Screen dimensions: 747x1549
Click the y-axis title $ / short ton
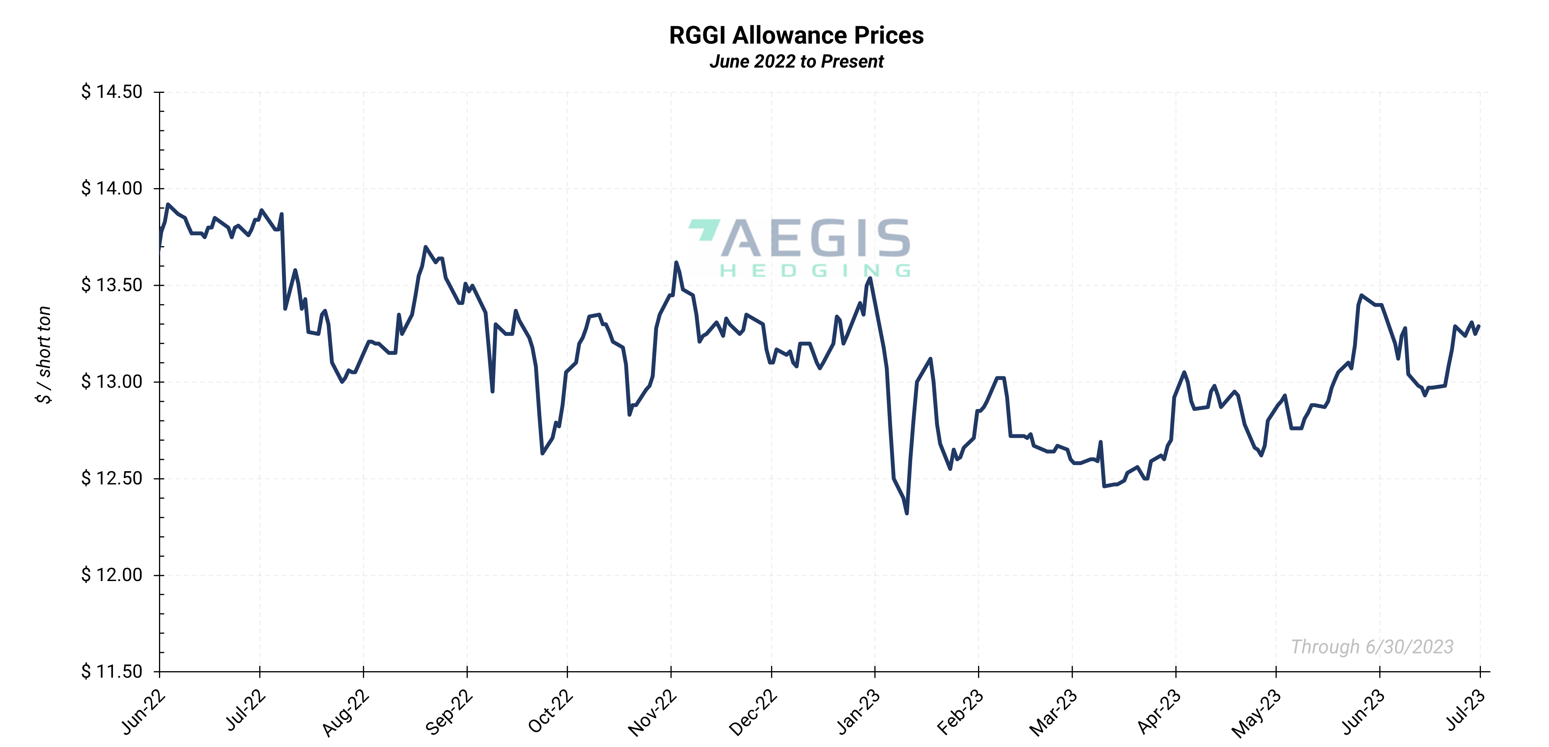click(44, 355)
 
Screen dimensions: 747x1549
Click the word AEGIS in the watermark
click(816, 238)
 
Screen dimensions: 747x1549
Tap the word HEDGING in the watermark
click(816, 271)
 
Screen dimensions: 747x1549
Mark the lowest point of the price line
click(907, 513)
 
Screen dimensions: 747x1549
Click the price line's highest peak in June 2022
click(168, 205)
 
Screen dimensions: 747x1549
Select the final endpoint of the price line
click(1479, 326)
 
